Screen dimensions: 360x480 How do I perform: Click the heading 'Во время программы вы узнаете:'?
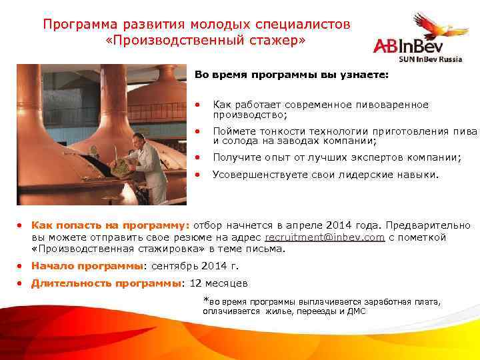click(290, 75)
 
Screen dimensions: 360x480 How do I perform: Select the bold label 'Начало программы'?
click(87, 266)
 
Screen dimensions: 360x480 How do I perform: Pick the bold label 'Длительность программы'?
click(106, 283)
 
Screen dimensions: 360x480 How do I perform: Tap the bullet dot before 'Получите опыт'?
click(198, 157)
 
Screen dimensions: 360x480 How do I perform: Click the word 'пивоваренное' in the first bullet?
click(395, 105)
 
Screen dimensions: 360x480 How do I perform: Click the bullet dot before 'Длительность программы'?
click(22, 283)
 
